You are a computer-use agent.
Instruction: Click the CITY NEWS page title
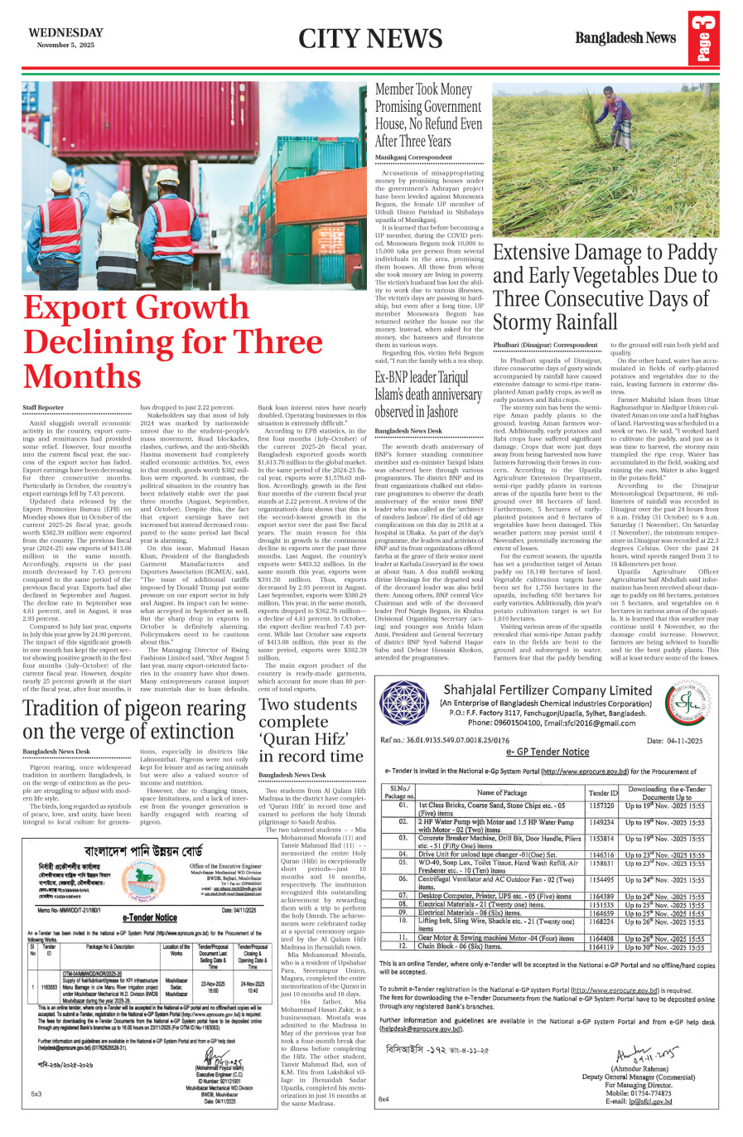[x=369, y=38]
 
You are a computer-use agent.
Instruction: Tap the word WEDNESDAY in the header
[x=65, y=32]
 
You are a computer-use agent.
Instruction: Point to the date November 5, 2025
[x=65, y=45]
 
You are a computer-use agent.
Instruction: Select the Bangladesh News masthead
[x=625, y=37]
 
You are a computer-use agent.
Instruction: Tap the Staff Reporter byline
[x=43, y=408]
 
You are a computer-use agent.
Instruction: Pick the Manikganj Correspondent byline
[x=413, y=157]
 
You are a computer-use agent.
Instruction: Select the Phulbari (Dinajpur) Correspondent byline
[x=545, y=345]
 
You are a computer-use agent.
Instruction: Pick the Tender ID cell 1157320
[x=601, y=805]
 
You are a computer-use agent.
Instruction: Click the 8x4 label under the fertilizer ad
[x=384, y=1099]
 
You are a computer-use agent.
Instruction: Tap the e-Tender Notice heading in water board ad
[x=149, y=917]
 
